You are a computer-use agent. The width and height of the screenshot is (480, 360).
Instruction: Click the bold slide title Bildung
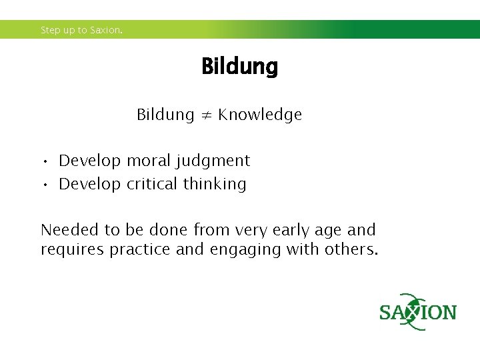click(239, 67)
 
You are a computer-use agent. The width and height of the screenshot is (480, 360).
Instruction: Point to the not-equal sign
click(205, 115)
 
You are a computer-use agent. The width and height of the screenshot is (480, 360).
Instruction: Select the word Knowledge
click(260, 115)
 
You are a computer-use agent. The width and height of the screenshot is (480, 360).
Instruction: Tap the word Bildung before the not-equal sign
click(165, 115)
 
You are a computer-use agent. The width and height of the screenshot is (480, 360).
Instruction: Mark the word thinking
click(215, 185)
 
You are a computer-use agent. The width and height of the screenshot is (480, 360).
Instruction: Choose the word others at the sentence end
click(351, 250)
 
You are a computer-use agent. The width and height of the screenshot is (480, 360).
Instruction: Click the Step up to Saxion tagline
click(82, 30)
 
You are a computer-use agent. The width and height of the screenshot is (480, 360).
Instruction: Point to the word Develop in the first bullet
click(90, 161)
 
